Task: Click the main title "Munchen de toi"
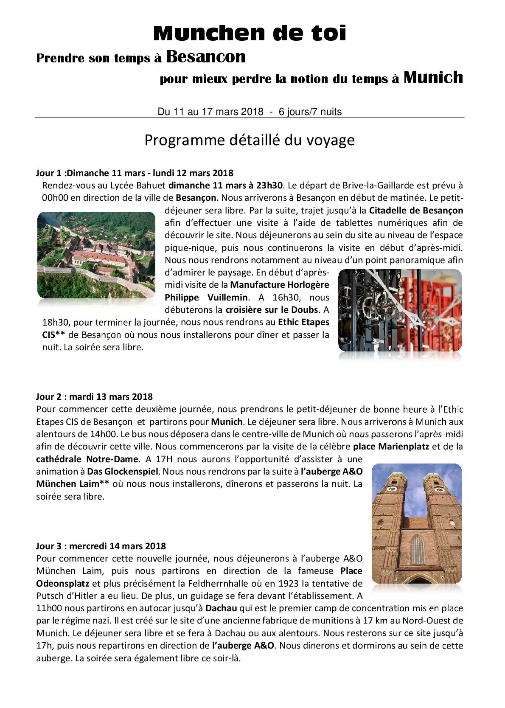(250, 33)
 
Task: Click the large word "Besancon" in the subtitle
(205, 56)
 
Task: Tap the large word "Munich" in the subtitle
(433, 78)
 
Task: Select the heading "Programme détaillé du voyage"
(250, 140)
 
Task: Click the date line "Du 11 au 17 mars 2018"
(210, 112)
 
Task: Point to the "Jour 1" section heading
(135, 173)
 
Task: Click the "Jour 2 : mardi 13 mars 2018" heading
(94, 397)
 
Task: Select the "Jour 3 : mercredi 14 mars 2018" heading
(101, 546)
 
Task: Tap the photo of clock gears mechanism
(399, 310)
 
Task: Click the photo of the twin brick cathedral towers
(416, 523)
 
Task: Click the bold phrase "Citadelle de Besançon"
(416, 211)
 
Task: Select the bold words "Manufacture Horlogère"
(280, 285)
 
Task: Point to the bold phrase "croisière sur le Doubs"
(272, 310)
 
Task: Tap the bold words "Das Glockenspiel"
(123, 472)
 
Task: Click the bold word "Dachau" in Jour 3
(221, 608)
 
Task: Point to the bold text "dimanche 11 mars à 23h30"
(225, 185)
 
